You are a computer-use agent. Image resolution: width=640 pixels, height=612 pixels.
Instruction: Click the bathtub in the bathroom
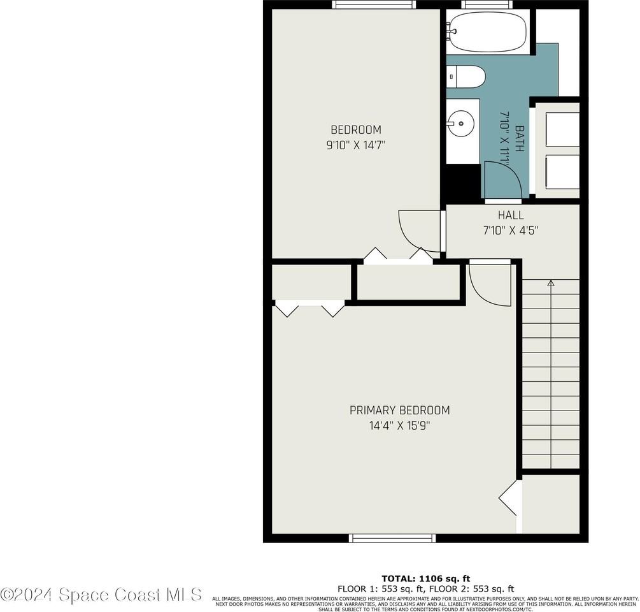point(487,31)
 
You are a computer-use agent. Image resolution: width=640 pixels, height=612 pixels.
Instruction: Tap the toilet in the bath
point(466,76)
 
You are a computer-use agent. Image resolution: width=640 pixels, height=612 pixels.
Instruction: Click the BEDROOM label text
point(355,130)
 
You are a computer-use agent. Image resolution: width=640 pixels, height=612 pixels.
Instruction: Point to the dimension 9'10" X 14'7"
point(355,145)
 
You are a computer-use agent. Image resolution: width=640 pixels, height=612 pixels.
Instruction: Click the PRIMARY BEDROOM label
point(399,411)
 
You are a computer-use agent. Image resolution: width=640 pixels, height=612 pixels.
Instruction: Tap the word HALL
point(511,215)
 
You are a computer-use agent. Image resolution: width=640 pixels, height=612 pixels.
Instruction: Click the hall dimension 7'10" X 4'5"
point(511,230)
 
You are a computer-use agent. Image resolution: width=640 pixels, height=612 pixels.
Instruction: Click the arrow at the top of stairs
point(551,282)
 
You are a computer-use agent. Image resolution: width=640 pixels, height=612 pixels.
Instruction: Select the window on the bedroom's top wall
point(374,4)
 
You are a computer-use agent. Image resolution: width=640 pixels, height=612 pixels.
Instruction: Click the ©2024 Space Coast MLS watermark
point(102,594)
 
